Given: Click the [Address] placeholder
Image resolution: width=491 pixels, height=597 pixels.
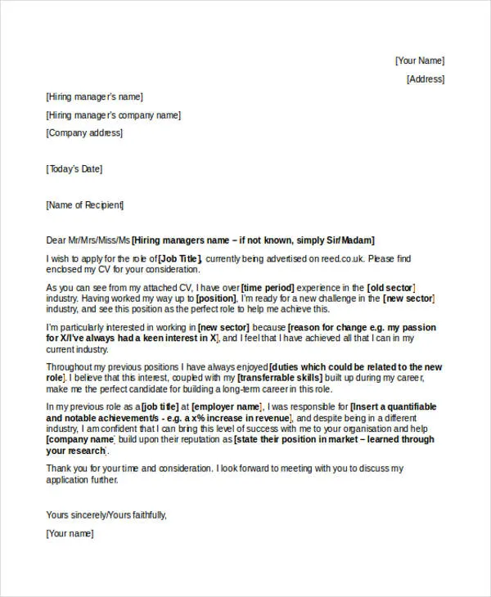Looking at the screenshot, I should (x=426, y=79).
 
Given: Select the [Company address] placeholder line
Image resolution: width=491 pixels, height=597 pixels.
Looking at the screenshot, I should (x=85, y=133).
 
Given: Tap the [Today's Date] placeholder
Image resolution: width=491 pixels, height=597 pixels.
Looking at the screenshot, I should (x=74, y=169).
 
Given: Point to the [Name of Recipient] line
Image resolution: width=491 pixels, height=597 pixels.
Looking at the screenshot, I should (x=85, y=204).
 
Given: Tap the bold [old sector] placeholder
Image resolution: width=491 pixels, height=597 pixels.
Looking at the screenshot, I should (x=391, y=288).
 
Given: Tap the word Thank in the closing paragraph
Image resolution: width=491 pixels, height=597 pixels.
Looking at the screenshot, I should (x=60, y=469).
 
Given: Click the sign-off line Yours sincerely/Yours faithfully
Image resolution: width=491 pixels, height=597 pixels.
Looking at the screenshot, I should (x=106, y=515).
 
